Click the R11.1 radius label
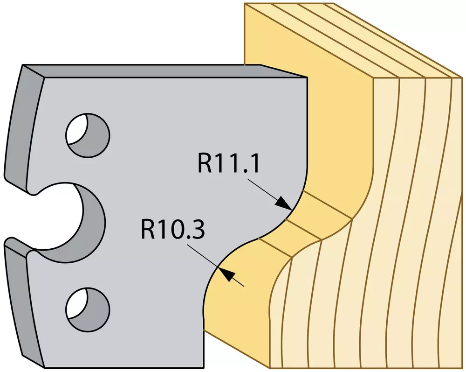[228, 163]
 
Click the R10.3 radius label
[173, 230]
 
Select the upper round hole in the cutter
[88, 135]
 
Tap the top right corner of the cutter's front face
[307, 78]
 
